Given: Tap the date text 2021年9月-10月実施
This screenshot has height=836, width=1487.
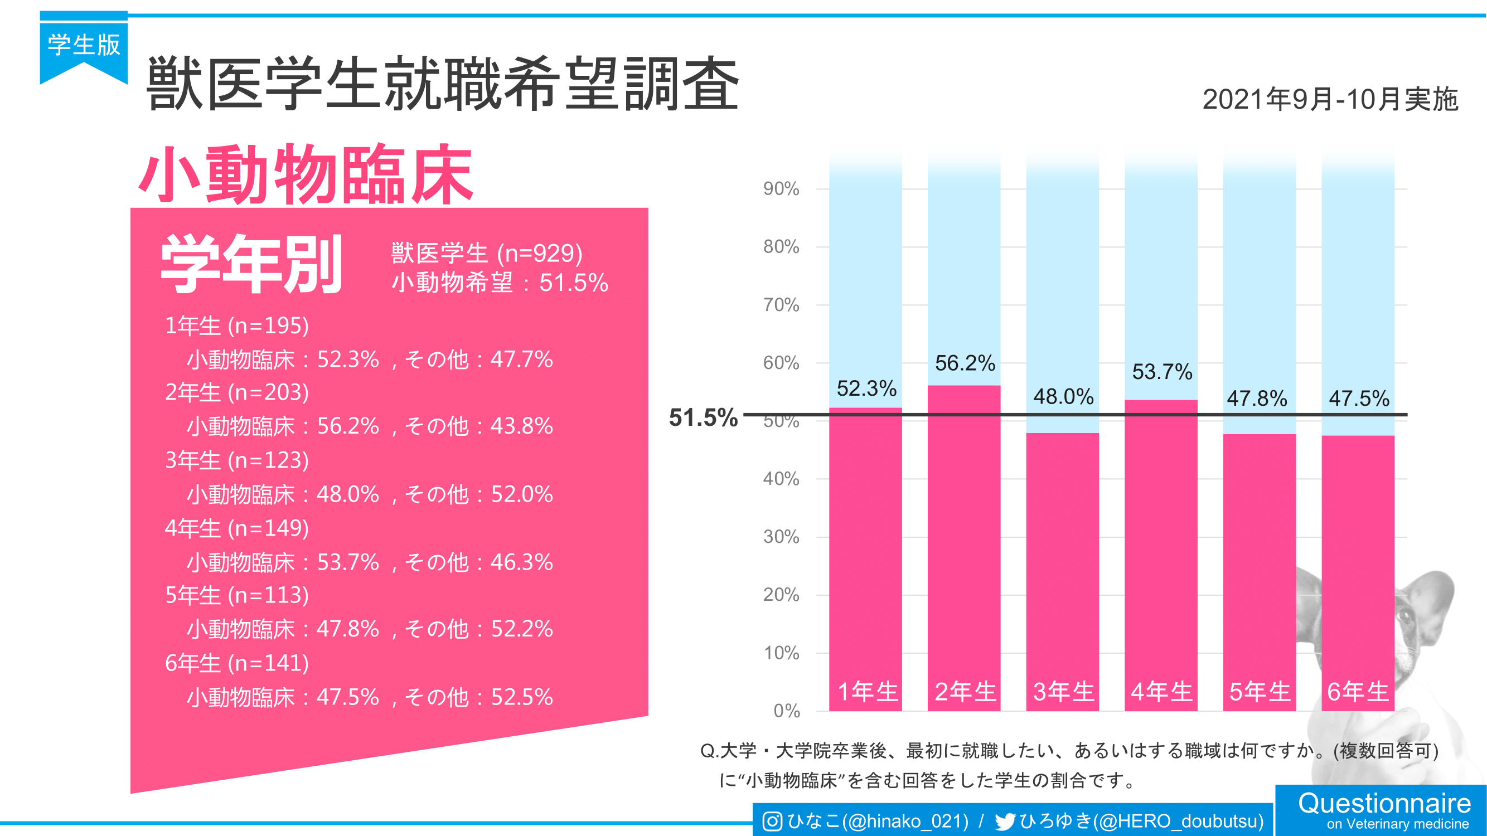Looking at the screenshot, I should pyautogui.click(x=1330, y=99).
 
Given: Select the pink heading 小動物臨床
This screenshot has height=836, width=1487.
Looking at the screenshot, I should pyautogui.click(x=306, y=174).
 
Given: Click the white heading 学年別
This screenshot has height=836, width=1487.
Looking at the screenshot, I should pyautogui.click(x=251, y=264).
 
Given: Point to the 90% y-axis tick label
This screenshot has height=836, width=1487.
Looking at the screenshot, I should pyautogui.click(x=781, y=189).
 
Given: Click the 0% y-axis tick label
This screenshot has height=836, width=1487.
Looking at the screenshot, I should pyautogui.click(x=786, y=711).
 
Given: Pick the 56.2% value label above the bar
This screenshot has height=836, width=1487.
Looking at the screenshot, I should pyautogui.click(x=965, y=363).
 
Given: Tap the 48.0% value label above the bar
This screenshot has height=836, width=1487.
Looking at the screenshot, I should pyautogui.click(x=1063, y=397).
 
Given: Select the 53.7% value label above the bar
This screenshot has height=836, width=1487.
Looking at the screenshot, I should pyautogui.click(x=1161, y=372).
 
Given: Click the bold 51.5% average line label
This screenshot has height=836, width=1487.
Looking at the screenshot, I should pyautogui.click(x=703, y=417).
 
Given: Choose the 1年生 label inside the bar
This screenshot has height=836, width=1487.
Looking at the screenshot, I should pyautogui.click(x=867, y=692).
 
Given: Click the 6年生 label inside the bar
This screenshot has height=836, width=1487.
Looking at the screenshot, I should pyautogui.click(x=1358, y=692).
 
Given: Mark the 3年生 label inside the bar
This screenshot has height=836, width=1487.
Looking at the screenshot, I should pyautogui.click(x=1063, y=692).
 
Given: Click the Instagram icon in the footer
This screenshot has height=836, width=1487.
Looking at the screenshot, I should pyautogui.click(x=772, y=821).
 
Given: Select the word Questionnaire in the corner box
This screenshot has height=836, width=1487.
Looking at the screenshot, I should pyautogui.click(x=1384, y=803).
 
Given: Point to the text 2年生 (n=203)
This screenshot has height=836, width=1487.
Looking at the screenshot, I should pyautogui.click(x=236, y=393).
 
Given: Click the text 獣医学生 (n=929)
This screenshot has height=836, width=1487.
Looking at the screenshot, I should pyautogui.click(x=487, y=254).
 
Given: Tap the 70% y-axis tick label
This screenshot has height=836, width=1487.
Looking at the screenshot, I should pyautogui.click(x=781, y=305).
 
